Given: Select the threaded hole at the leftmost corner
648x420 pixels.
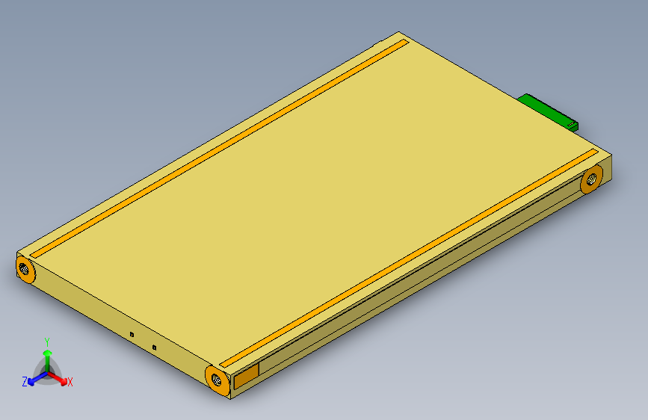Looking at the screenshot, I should click(x=25, y=268).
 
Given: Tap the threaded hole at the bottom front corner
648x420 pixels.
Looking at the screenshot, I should click(x=217, y=379).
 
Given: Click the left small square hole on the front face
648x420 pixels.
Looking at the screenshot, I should click(x=132, y=335).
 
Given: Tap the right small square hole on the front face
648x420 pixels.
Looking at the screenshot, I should click(x=154, y=348).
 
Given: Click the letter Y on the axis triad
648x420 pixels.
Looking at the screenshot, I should click(x=47, y=341).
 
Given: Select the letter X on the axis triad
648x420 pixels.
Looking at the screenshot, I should click(x=70, y=382).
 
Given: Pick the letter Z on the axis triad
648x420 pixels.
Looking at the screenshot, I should click(x=25, y=382).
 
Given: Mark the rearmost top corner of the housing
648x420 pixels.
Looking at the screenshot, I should click(x=399, y=33).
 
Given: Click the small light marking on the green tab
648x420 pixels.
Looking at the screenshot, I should click(x=571, y=122).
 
